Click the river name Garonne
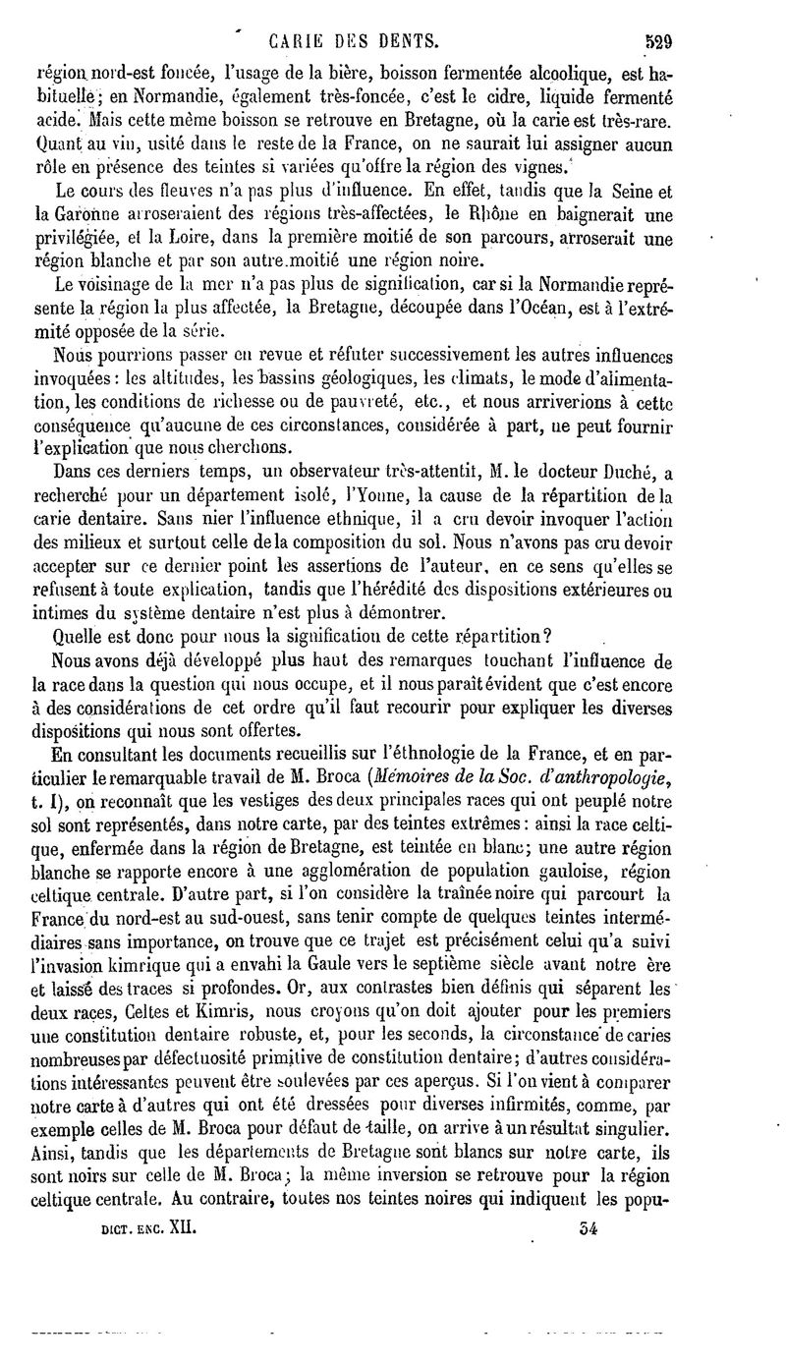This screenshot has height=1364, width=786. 80,216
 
